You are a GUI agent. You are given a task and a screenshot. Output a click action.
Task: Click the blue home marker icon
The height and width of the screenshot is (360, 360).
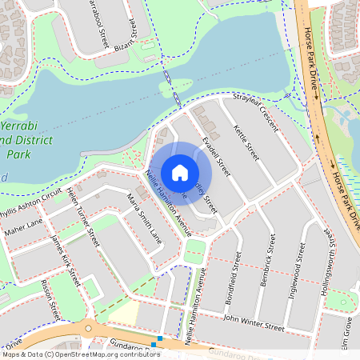pyautogui.click(x=180, y=172)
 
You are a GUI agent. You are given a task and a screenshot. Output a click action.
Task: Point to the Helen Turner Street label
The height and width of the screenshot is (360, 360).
pyautogui.click(x=82, y=214)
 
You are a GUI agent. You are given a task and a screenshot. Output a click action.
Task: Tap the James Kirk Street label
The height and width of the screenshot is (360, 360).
pyautogui.click(x=66, y=261)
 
